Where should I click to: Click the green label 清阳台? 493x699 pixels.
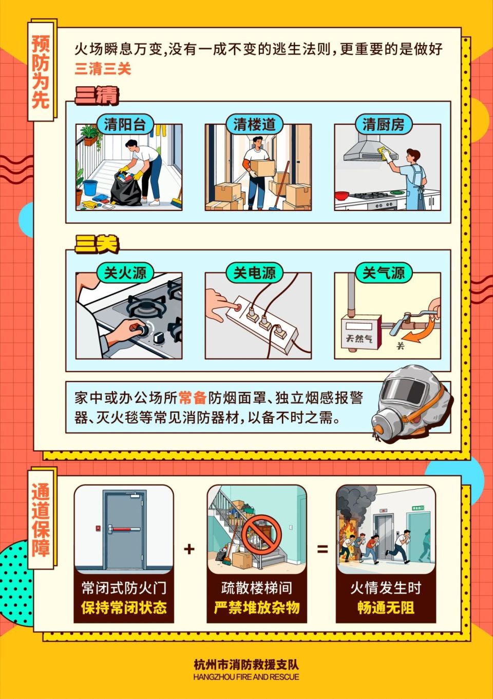125,124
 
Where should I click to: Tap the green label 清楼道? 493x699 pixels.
254,124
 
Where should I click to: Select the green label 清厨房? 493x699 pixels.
384,124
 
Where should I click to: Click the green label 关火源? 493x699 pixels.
125,273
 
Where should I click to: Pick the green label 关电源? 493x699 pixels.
254,273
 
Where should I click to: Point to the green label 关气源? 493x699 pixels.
384,273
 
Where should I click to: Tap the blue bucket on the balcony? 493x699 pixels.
90,187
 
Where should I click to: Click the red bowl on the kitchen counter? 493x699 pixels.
342,196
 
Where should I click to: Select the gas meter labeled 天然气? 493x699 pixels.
360,333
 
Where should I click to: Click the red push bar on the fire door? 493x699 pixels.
126,529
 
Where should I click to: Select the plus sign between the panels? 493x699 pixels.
189,549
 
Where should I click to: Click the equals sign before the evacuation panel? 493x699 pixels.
322,549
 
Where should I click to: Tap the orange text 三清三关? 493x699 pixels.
103,69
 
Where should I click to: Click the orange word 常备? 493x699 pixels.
193,398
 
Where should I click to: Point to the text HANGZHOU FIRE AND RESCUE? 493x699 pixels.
246,677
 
